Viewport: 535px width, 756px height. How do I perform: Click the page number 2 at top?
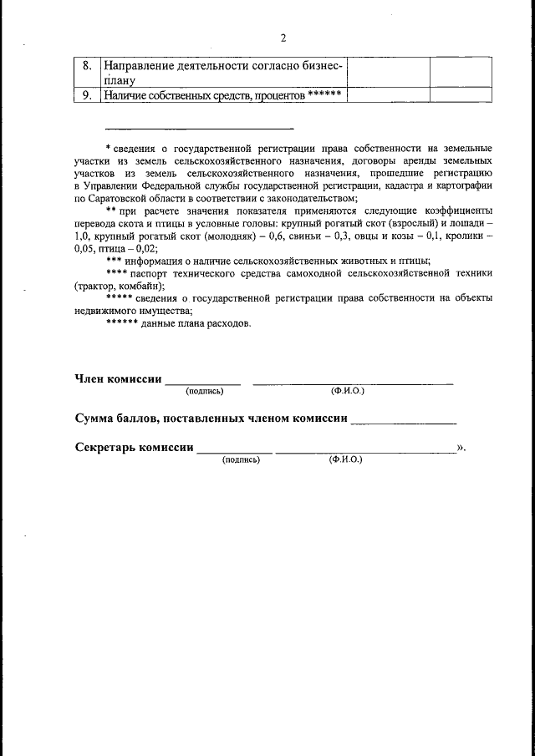pyautogui.click(x=283, y=38)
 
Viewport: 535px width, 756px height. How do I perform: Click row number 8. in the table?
pyautogui.click(x=87, y=65)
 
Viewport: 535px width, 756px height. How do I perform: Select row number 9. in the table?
pyautogui.click(x=87, y=95)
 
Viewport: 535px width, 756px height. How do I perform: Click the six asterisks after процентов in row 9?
pyautogui.click(x=324, y=94)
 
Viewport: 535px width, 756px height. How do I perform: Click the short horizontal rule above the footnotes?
pyautogui.click(x=199, y=129)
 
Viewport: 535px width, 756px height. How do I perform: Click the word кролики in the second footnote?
pyautogui.click(x=461, y=237)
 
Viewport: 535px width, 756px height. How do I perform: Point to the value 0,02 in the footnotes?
pyautogui.click(x=144, y=249)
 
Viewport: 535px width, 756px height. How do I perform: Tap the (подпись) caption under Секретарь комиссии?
pyautogui.click(x=241, y=459)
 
